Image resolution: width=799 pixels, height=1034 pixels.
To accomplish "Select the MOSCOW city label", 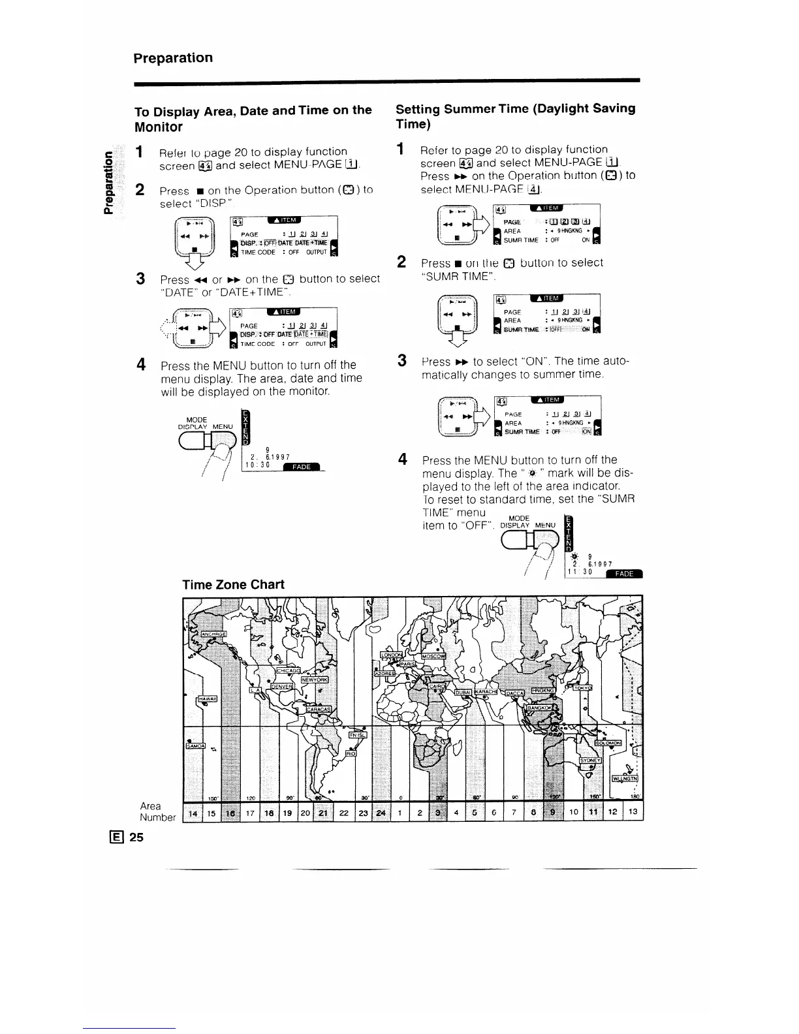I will pos(433,655).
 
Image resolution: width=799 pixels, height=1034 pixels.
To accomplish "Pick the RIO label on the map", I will pos(350,753).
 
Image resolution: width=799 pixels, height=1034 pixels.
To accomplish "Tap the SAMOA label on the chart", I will pos(196,746).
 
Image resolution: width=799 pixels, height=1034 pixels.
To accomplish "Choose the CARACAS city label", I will pos(319,710).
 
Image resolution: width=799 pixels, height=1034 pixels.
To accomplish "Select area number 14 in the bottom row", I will pos(193,813).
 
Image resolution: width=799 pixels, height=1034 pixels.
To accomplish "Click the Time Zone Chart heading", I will pos(233,585).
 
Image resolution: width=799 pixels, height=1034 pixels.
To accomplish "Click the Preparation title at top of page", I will pos(173,58).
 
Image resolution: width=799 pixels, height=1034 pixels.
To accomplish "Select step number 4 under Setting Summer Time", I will pos(403,460).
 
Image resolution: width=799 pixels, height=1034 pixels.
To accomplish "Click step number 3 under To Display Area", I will pos(139,279).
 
